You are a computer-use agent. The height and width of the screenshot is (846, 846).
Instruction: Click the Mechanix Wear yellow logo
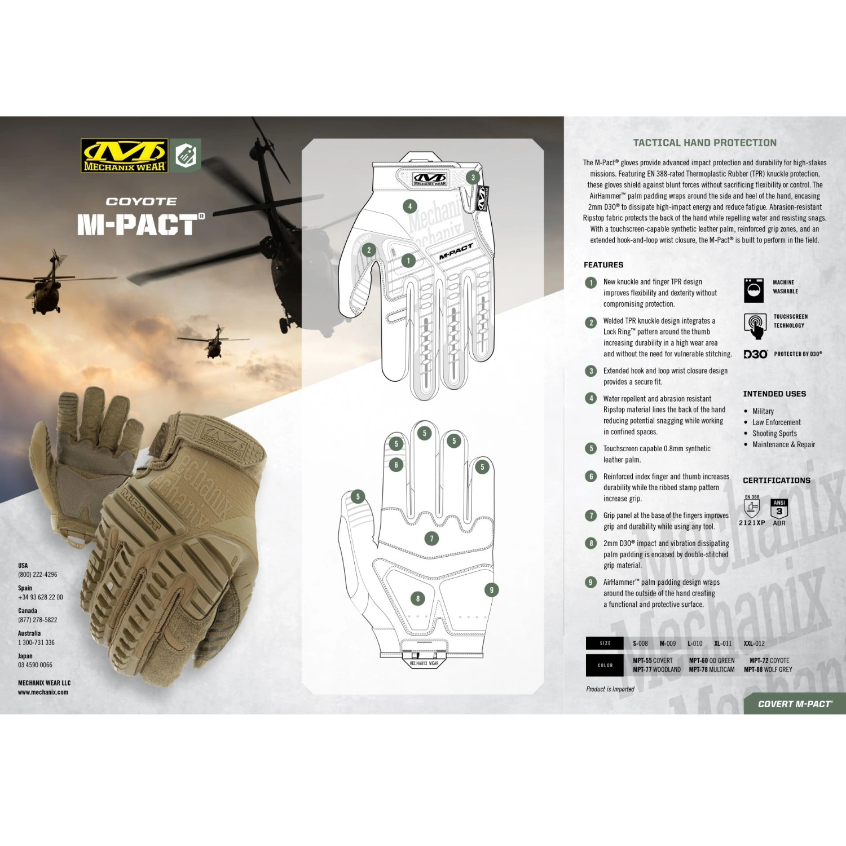tap(125, 155)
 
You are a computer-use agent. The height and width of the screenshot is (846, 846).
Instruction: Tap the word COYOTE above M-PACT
tap(141, 201)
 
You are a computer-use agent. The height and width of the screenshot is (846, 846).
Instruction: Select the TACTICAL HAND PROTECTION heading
tap(704, 143)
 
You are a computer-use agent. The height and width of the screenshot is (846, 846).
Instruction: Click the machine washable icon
tap(754, 290)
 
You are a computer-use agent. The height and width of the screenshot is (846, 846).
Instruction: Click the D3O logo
tap(755, 354)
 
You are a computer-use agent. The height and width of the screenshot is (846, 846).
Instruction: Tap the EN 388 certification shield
tap(752, 507)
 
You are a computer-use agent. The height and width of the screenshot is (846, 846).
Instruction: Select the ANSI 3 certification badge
tap(779, 509)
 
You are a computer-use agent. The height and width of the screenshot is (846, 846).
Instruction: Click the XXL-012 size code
tap(754, 644)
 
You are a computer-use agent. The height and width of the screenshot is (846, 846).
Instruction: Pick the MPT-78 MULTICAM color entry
tap(712, 669)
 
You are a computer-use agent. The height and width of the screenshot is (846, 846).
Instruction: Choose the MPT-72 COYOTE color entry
tap(769, 660)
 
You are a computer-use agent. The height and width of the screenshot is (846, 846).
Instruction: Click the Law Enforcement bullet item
tap(776, 422)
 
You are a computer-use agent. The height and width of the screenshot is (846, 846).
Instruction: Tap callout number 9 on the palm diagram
tap(491, 590)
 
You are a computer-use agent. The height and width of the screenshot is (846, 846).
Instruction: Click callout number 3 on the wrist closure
tap(473, 177)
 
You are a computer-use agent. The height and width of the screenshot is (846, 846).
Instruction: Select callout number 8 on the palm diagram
tap(417, 598)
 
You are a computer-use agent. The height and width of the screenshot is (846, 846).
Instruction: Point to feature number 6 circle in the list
tap(591, 477)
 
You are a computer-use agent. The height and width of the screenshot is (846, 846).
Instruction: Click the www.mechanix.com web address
tap(43, 692)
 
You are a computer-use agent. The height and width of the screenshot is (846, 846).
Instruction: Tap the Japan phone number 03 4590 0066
tap(35, 665)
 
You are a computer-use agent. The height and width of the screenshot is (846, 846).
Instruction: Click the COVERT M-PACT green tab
tap(794, 704)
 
